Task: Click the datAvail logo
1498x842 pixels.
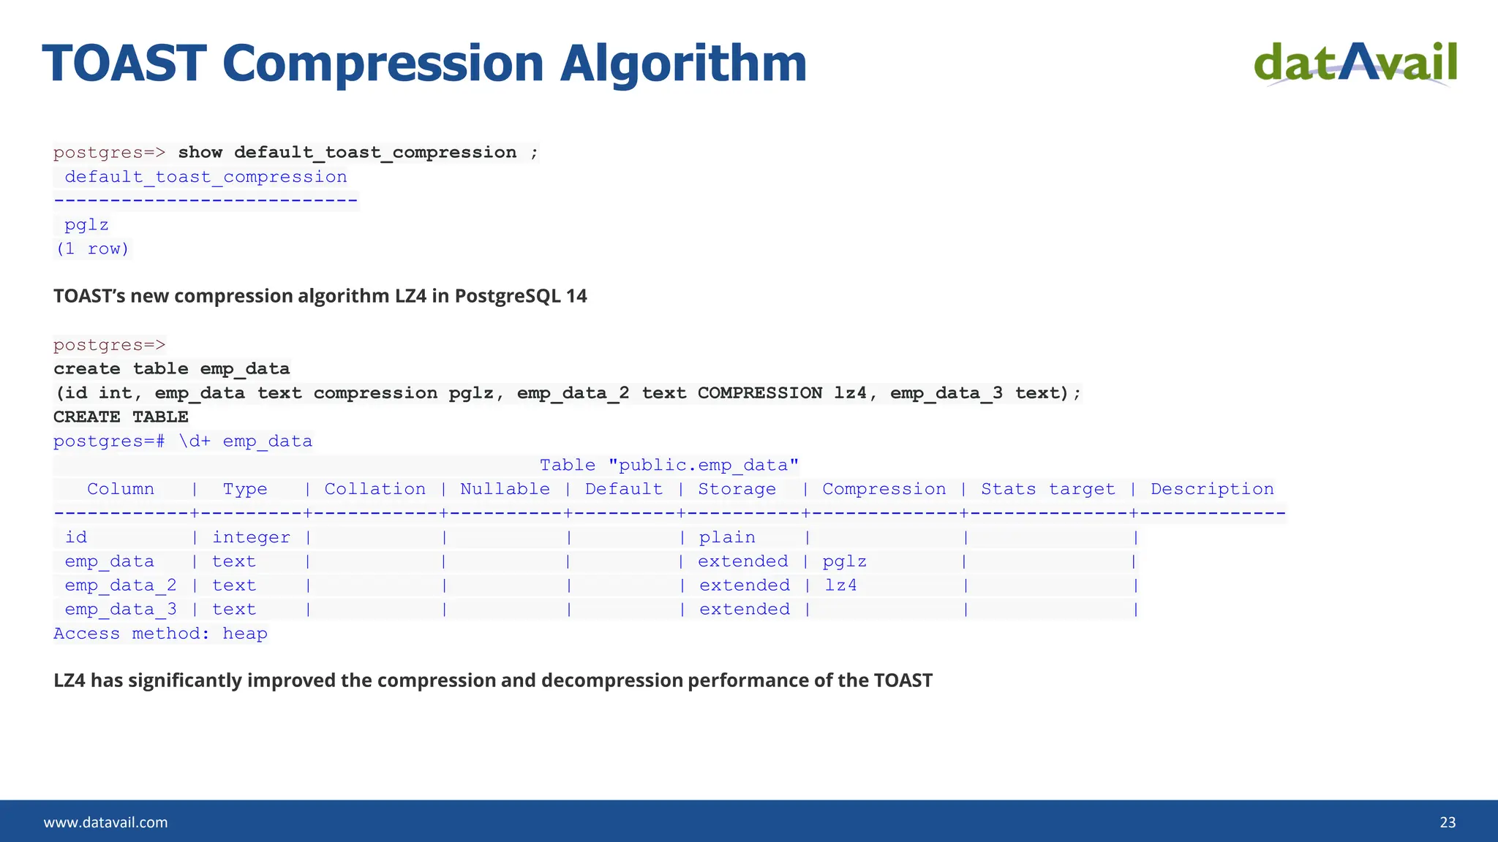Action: coord(1355,64)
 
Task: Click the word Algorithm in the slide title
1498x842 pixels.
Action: coord(683,64)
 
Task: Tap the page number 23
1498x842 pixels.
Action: coord(1448,822)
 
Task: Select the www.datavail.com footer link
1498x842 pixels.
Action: coord(105,822)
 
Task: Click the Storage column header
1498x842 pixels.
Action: coord(737,489)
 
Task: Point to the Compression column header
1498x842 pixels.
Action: coord(884,489)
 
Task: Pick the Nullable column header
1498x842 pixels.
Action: coord(505,489)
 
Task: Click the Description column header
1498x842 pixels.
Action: coord(1212,489)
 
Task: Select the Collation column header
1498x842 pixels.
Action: coord(374,489)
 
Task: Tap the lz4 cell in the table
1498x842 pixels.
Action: coord(840,585)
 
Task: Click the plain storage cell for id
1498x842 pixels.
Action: coord(726,537)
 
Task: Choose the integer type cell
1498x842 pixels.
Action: coord(251,537)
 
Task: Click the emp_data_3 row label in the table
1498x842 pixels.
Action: coord(121,610)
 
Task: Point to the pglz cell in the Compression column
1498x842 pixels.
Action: coord(844,561)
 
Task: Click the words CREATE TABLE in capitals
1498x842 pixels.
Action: coord(121,417)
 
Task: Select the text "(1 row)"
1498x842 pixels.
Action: coord(92,249)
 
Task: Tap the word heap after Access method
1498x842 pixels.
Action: coord(245,634)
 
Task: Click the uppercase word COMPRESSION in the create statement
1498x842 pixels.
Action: coord(759,393)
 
